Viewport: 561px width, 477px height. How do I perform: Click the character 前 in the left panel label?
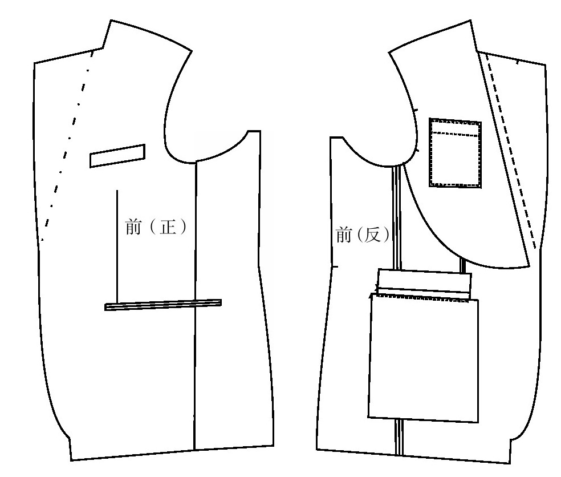coord(133,227)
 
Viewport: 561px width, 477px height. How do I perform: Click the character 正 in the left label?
coord(168,227)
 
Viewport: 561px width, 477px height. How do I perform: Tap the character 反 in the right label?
coord(372,235)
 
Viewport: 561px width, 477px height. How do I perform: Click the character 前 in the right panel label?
coord(343,235)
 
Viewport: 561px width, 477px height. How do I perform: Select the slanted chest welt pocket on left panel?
coord(117,156)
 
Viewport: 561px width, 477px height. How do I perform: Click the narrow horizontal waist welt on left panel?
coord(163,305)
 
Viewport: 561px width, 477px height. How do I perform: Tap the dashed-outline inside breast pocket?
coord(455,153)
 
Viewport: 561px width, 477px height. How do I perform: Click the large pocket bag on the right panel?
coord(424,358)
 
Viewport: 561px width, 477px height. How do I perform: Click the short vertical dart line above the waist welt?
coord(117,246)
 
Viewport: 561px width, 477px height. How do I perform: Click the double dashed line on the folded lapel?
coord(511,151)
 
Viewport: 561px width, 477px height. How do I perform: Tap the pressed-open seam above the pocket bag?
coord(396,217)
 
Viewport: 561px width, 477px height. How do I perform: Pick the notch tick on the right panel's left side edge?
coord(335,267)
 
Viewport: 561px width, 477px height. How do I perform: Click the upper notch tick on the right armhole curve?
coord(415,110)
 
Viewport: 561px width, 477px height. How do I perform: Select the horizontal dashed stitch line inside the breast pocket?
coord(455,134)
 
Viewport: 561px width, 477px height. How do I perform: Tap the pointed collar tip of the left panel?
coord(111,21)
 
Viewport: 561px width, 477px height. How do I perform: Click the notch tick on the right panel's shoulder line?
coord(517,62)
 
